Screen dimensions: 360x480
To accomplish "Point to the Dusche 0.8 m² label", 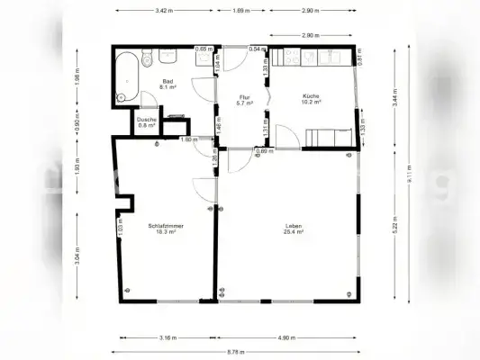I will click(147, 122).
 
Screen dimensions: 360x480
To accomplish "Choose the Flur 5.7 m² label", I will click(243, 100).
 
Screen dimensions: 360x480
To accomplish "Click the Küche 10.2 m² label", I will click(312, 99).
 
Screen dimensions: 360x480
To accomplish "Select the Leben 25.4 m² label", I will click(294, 229).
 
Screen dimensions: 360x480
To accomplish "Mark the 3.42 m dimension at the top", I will click(163, 11).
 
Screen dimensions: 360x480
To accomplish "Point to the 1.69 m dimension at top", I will click(241, 11).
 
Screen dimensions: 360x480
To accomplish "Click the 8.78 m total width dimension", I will click(239, 351).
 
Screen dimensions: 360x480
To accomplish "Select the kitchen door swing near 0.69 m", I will click(288, 139).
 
